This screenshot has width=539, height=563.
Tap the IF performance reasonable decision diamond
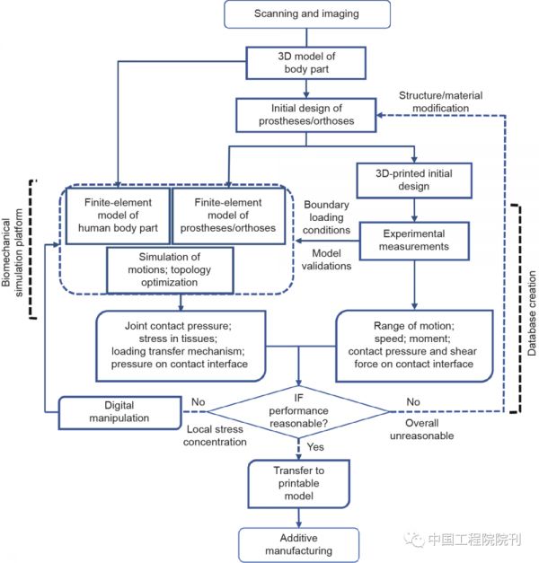[x=300, y=412]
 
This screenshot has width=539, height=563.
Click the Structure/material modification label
[x=446, y=101]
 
